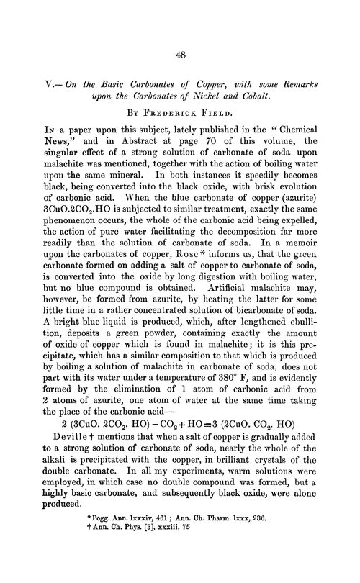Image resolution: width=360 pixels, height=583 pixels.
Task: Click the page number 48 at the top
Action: [x=180, y=53]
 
